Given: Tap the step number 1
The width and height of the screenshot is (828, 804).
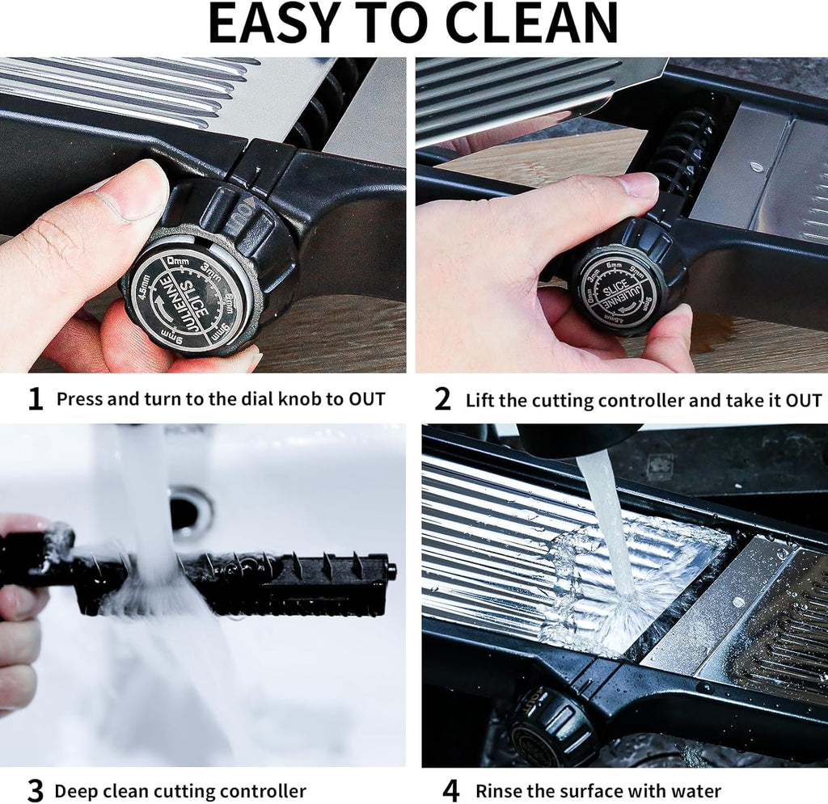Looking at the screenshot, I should click(x=35, y=398).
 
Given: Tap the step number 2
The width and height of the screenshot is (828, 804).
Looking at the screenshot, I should click(x=442, y=399).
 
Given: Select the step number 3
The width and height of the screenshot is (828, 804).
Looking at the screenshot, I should click(x=35, y=790).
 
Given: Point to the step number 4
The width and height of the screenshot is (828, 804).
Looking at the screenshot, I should click(x=451, y=790).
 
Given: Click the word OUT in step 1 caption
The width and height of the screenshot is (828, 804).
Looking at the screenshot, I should click(x=367, y=398).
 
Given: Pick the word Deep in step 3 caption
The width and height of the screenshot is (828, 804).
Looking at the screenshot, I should click(x=73, y=791).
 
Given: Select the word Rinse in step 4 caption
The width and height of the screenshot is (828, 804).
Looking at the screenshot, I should click(x=498, y=791).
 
